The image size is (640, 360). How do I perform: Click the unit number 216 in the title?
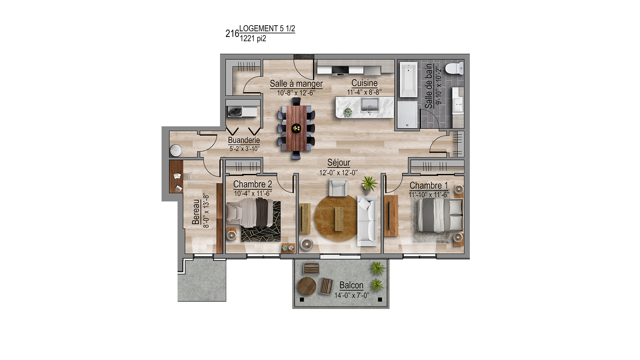232,34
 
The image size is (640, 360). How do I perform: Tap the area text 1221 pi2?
253,38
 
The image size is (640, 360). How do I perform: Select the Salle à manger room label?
296,84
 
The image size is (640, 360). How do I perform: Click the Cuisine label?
364,83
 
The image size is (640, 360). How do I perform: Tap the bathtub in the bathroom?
408,79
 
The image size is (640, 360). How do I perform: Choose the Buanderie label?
244,140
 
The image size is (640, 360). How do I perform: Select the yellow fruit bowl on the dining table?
296,128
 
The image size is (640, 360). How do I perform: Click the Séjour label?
339,163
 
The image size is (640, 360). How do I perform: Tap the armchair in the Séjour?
338,187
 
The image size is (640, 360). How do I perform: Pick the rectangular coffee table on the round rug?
339,219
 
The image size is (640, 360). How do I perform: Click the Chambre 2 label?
253,184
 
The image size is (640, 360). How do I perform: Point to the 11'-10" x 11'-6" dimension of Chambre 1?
429,195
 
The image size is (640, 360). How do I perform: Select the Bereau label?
196,212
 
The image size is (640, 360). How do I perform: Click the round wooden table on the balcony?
307,286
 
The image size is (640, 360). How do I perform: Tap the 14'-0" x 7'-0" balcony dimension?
352,295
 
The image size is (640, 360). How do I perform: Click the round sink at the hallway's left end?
176,151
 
